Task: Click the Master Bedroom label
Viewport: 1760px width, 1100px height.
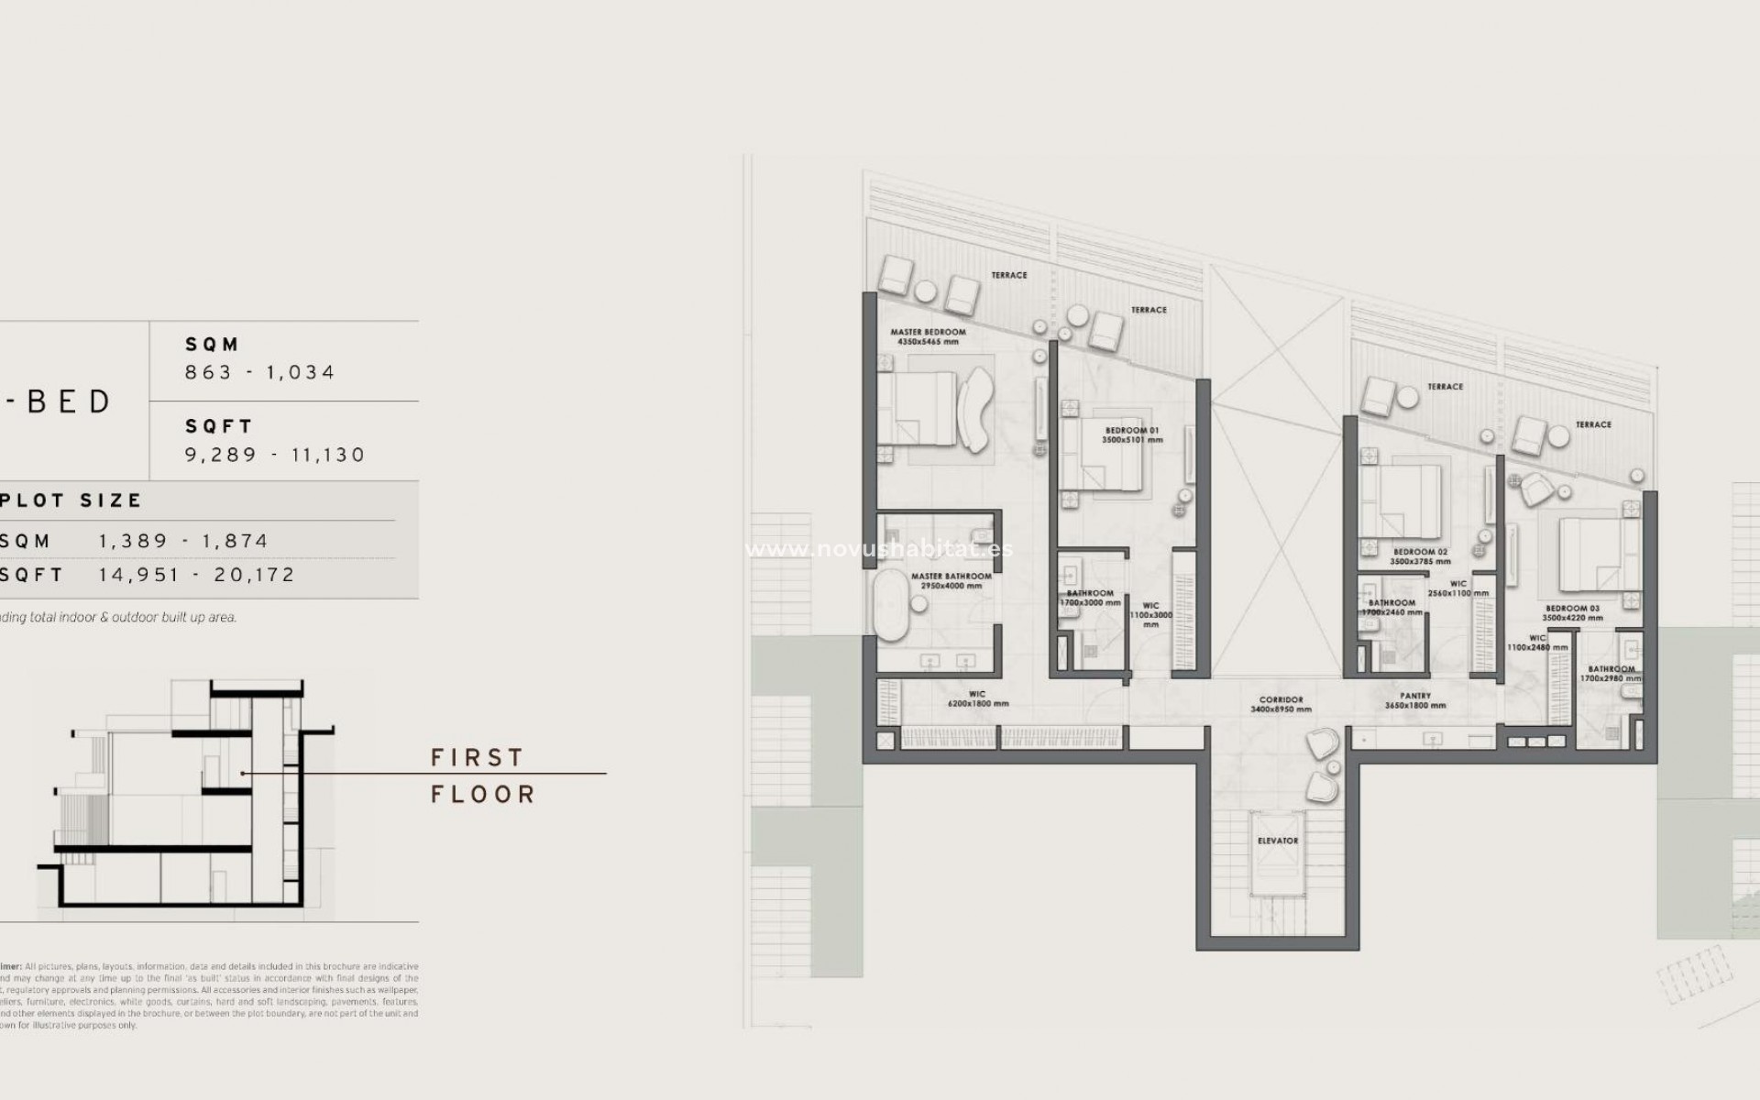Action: tap(928, 332)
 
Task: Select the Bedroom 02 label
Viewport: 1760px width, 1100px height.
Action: tap(1420, 552)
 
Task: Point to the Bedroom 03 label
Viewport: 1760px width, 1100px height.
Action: tap(1572, 609)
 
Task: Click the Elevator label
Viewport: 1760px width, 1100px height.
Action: tap(1277, 841)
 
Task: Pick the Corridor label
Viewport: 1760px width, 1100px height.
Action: tap(1281, 699)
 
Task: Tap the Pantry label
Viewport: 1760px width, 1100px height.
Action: tap(1415, 696)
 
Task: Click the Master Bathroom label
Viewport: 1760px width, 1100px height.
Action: tap(951, 577)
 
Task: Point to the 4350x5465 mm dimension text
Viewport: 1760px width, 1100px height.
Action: tap(928, 342)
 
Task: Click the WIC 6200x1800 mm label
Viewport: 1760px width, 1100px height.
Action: tap(977, 699)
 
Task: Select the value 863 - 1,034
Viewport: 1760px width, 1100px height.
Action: tap(260, 372)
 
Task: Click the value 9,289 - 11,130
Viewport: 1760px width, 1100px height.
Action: tap(275, 455)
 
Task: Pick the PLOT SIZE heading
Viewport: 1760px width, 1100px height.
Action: tap(71, 500)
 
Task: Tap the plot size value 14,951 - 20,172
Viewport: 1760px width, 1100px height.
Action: tap(197, 575)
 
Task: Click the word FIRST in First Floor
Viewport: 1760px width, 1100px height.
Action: tap(478, 758)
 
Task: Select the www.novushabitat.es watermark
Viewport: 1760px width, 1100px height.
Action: tap(879, 549)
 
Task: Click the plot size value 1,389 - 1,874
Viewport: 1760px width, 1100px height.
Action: tap(183, 541)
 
